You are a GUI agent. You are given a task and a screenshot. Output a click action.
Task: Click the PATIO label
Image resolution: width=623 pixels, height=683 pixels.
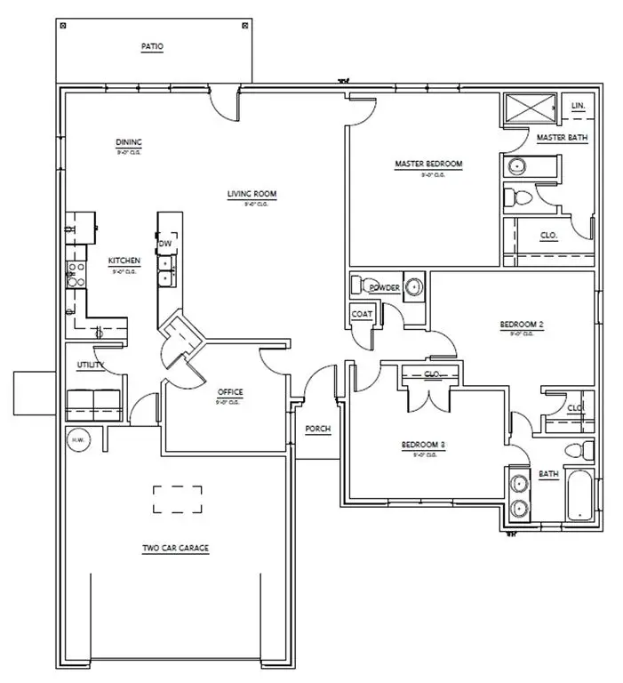152,45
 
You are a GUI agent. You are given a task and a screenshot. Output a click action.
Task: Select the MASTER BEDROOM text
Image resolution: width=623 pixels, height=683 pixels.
428,164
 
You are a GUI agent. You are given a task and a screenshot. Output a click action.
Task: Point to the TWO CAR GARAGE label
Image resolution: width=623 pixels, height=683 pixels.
175,549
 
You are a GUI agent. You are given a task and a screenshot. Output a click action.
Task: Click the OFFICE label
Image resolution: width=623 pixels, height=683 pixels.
230,392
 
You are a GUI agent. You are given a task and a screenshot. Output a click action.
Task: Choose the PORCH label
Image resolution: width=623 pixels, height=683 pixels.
318,429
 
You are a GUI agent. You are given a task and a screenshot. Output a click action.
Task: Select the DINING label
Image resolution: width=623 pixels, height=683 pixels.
129,142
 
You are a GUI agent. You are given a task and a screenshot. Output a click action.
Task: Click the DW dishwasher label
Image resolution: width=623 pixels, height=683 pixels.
164,243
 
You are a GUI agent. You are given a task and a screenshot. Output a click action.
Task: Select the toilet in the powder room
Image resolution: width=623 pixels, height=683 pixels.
357,285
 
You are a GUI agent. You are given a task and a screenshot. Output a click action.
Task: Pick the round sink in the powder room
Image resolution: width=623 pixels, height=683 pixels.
413,287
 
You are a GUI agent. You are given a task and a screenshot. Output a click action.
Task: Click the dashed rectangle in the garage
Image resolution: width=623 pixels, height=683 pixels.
176,499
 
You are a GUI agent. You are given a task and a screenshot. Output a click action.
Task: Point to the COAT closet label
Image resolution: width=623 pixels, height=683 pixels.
361,313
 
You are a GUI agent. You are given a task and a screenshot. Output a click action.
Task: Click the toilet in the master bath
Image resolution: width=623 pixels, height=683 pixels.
517,197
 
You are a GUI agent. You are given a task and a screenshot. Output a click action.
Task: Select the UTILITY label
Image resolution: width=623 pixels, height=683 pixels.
90,365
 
